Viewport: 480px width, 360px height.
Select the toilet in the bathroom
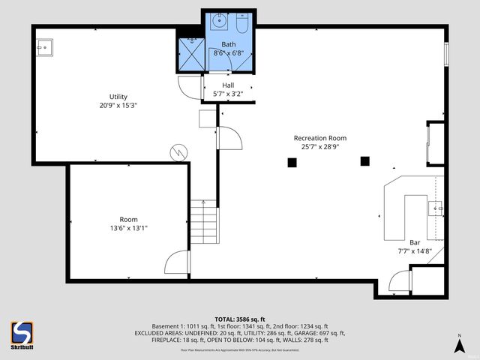tap(242, 23)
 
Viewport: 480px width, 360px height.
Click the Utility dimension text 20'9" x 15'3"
tap(118, 106)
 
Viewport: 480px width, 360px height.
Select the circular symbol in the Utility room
tap(178, 152)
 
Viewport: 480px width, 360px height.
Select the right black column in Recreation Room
tap(365, 160)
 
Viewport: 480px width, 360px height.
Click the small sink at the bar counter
tap(436, 207)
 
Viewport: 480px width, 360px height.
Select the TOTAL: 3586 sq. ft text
tap(239, 319)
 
